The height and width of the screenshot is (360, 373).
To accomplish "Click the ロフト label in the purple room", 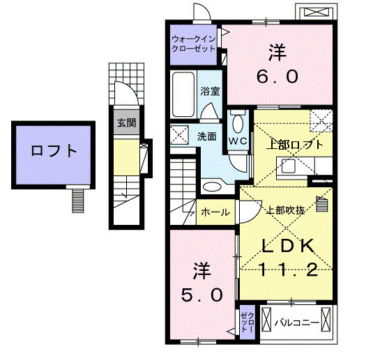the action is click(54, 150).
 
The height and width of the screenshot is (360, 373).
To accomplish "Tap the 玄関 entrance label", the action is click(127, 123).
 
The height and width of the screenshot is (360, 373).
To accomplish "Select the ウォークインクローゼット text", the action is click(193, 44).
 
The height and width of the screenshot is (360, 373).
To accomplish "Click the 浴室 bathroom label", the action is click(210, 91).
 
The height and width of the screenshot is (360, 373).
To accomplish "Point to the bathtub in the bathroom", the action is click(183, 94).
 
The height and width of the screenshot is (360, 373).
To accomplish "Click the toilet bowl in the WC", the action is click(238, 123).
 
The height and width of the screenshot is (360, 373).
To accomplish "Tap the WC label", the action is click(238, 141).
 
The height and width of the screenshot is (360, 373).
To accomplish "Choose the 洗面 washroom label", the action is click(207, 136).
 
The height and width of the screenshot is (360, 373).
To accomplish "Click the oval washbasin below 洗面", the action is click(212, 187).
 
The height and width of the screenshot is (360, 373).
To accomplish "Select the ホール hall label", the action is click(215, 212).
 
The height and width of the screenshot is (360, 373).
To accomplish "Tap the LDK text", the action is click(288, 246).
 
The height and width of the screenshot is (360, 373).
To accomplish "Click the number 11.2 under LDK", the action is click(288, 269).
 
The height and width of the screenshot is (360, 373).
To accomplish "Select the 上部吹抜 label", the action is click(286, 210).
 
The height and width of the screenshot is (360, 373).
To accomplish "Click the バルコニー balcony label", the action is click(297, 323).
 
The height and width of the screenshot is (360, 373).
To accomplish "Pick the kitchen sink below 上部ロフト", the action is click(289, 166).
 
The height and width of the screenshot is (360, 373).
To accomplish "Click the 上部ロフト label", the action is click(294, 144).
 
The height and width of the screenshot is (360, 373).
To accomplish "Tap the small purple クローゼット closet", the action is click(248, 322).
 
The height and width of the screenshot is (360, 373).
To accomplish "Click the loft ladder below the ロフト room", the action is click(78, 201).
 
